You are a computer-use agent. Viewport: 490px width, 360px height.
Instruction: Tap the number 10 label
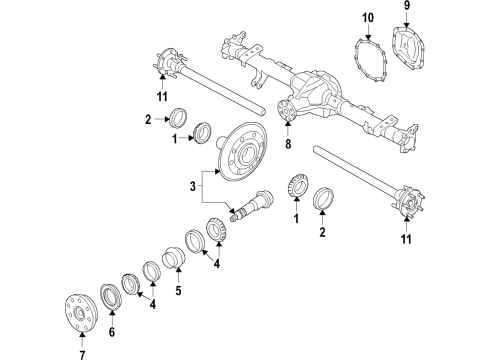click(368, 18)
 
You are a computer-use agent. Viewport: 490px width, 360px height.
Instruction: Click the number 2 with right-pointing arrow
click(147, 119)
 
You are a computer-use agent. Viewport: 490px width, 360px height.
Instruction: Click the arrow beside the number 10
click(368, 31)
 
